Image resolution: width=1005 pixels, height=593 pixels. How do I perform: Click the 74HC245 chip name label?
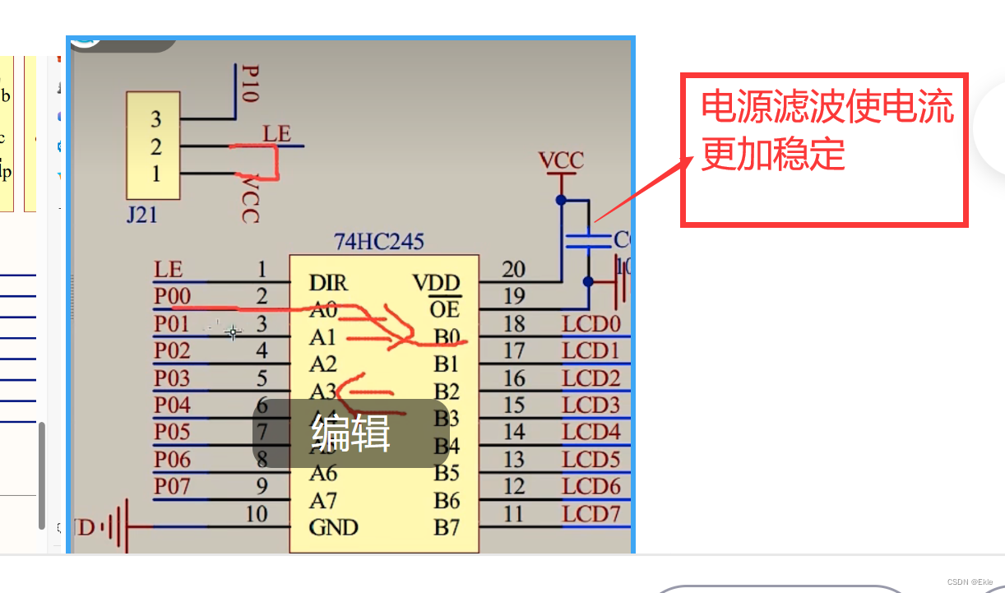click(378, 242)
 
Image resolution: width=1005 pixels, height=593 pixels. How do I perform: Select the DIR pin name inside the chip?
click(328, 284)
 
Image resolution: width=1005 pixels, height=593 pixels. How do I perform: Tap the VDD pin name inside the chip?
click(436, 284)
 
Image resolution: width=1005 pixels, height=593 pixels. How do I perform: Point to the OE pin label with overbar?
click(444, 308)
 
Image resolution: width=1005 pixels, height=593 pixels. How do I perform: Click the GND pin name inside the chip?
click(333, 527)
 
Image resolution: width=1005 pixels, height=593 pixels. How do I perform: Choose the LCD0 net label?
click(590, 324)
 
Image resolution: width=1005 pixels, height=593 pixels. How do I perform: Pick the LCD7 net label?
click(590, 515)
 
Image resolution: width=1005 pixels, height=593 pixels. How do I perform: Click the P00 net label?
click(172, 296)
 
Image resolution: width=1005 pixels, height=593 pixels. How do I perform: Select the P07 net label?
click(172, 486)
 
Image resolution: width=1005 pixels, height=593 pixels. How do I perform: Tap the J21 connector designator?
click(141, 216)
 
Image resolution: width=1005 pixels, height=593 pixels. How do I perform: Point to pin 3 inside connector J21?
click(156, 120)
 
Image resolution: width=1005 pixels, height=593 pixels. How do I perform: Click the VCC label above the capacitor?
click(561, 160)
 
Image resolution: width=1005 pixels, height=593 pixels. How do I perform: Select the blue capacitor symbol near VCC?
click(587, 240)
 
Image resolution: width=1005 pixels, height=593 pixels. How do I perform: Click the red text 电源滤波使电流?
click(827, 107)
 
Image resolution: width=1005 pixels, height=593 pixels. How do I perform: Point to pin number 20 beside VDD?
click(514, 270)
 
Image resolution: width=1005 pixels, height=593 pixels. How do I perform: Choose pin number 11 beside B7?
click(514, 514)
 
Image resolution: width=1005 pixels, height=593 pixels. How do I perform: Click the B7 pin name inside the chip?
click(447, 527)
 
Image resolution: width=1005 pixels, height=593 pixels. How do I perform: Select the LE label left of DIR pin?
click(168, 270)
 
